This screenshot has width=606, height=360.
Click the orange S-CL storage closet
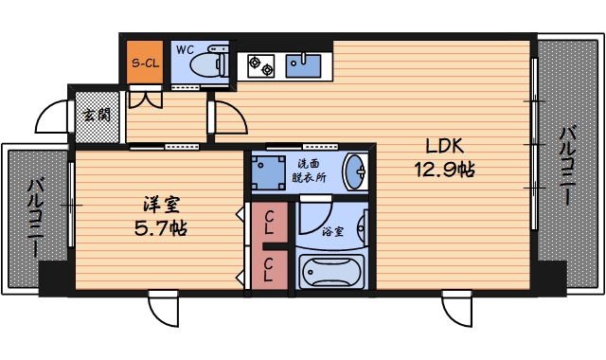coord(145,63)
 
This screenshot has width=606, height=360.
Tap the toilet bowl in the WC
coord(205,63)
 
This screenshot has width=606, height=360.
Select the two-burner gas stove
coord(261,65)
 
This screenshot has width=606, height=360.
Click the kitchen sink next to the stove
coord(303,65)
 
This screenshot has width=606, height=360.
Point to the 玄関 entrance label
coord(97,115)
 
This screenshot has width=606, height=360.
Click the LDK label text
coord(444,146)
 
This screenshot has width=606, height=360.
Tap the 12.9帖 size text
coord(444,169)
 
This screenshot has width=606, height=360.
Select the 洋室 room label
coord(161,205)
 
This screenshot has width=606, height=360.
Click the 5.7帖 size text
coord(161,228)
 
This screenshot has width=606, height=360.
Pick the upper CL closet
coord(269,223)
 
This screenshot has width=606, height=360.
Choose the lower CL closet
coord(269,270)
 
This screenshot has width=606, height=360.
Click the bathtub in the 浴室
coord(332,272)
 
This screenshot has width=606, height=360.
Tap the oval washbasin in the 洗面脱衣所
coord(356,172)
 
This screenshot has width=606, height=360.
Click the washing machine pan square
coord(267,172)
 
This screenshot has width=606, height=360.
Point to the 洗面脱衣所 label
coord(309,171)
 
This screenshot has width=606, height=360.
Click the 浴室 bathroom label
coord(332,231)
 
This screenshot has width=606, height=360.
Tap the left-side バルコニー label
coord(36,218)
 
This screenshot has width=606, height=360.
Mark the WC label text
coord(185,50)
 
